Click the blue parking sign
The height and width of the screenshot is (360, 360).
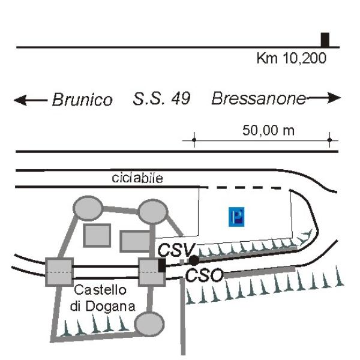[236, 217]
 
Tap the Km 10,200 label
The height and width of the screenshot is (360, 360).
[292, 58]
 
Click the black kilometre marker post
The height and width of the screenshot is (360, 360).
[325, 40]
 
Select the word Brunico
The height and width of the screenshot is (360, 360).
[82, 100]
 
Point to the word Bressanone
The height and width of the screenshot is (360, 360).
[259, 98]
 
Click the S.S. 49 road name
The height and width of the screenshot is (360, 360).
[161, 98]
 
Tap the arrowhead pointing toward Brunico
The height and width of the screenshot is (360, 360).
[20, 100]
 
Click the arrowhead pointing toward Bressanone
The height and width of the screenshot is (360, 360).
[334, 98]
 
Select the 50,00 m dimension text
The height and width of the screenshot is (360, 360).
[268, 130]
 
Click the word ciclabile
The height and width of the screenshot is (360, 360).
[137, 178]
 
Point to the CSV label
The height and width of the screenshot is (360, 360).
[176, 250]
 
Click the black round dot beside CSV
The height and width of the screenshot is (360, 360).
[194, 260]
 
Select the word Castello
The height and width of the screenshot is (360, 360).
[100, 290]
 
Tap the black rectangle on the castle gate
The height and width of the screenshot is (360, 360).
[162, 265]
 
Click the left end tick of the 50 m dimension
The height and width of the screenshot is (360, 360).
[194, 140]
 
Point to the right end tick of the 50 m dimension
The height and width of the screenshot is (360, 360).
[329, 140]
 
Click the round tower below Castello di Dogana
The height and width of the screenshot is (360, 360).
[149, 324]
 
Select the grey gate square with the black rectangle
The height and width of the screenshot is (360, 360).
[152, 272]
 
